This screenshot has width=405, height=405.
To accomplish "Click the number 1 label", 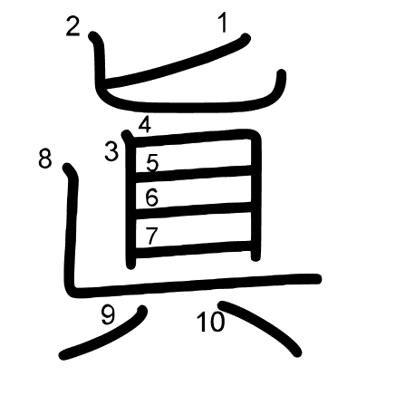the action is coord(223,24).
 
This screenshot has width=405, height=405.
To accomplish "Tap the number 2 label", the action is coord(72,27).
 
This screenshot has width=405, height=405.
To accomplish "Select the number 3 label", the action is coord(111,151).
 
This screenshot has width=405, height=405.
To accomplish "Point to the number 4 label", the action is coord(145,125).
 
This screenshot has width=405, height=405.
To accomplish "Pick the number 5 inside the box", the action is coord(152,162).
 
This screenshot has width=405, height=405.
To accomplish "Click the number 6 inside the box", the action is coord(151,198).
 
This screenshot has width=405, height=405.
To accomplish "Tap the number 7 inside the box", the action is coord(151,236).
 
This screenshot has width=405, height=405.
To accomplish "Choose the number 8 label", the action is coord(45,159).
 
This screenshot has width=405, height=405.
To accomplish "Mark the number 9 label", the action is coord(108,315).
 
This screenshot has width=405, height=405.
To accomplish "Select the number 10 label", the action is coord(211,322).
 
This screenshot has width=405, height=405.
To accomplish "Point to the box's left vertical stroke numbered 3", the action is coord(130,200).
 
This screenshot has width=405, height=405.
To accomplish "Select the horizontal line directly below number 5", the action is coord(193,173).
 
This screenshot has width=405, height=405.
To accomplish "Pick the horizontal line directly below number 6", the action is coord(193,210).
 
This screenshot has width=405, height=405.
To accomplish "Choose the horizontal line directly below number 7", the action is coord(193,249).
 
